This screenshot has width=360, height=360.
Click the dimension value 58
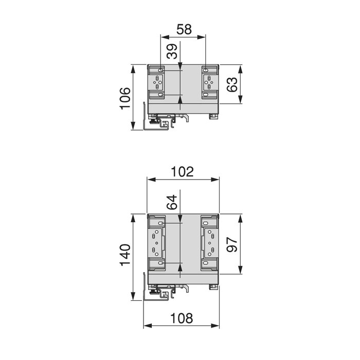tap(184, 29)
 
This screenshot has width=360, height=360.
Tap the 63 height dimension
tap(233, 84)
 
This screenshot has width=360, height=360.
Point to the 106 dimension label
tap(125, 98)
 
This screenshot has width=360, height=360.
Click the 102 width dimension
tap(183, 172)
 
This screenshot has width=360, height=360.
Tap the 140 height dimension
tap(125, 256)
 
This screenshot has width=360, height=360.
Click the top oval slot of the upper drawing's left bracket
tap(161, 70)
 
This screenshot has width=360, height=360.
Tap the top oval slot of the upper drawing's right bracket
tap(206, 70)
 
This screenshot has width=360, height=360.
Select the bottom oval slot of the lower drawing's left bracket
tap(161, 264)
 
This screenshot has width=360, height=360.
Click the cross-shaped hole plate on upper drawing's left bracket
tap(157, 82)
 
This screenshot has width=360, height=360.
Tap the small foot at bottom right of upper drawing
tap(212, 116)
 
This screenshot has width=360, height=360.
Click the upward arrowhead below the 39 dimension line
tap(180, 101)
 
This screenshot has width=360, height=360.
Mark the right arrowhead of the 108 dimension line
tap(217, 326)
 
